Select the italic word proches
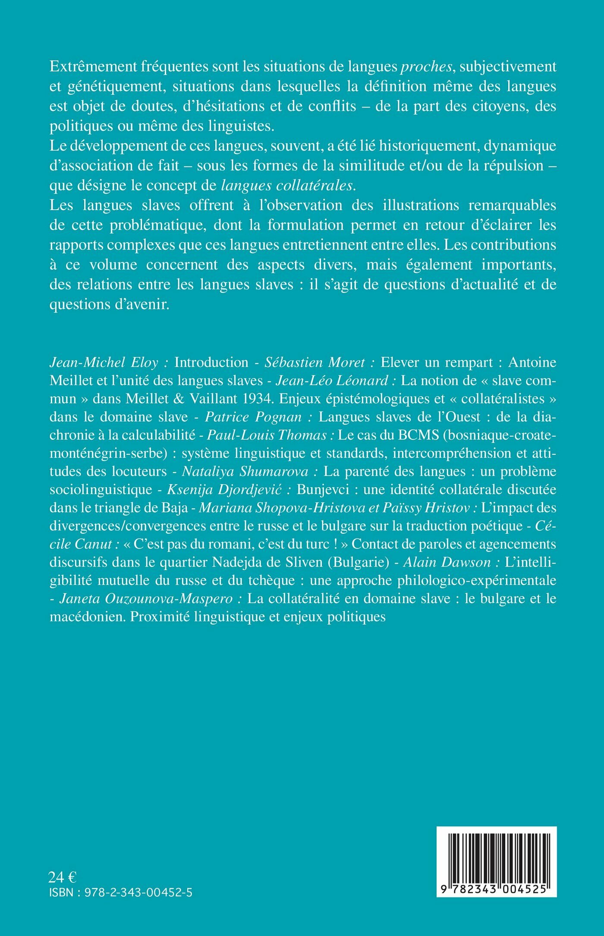coord(426,67)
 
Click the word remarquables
coord(512,205)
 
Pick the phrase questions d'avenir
coord(108,304)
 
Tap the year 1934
coord(257,399)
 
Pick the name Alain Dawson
coord(447,562)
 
